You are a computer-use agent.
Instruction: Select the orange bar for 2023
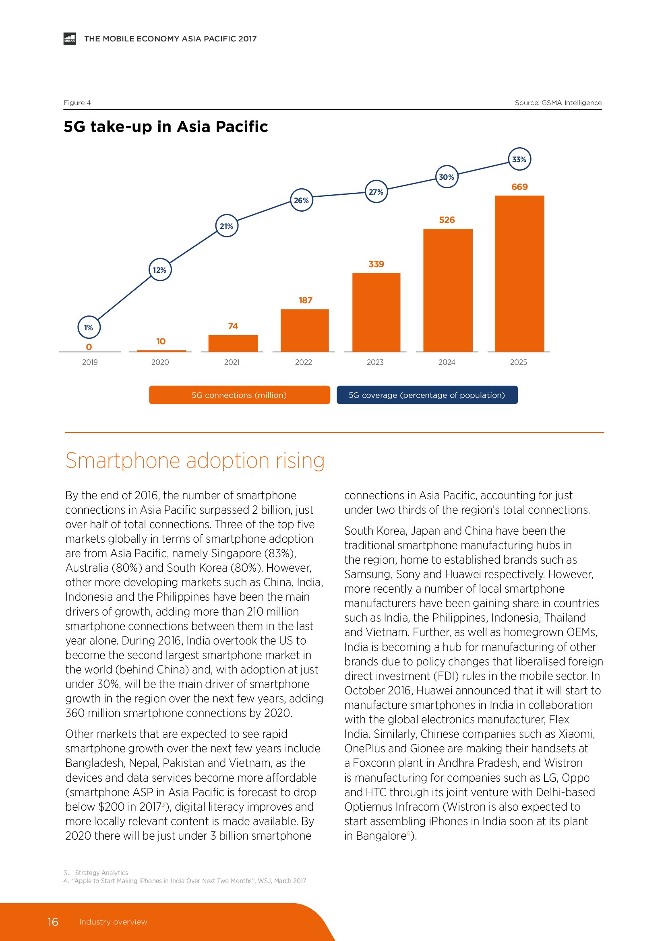(x=376, y=312)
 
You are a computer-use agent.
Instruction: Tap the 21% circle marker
(x=226, y=226)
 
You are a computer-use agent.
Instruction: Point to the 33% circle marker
(x=519, y=159)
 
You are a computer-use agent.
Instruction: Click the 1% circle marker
(x=89, y=327)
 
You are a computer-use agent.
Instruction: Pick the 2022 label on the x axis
(x=304, y=362)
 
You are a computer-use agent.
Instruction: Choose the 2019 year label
(x=90, y=362)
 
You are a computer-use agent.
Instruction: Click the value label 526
(x=447, y=220)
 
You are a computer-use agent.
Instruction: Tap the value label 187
(x=305, y=301)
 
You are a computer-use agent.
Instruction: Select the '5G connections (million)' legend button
(x=239, y=395)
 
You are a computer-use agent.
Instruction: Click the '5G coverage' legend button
(x=427, y=395)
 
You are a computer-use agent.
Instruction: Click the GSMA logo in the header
(x=70, y=39)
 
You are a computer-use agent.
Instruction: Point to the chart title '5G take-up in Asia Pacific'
(x=165, y=127)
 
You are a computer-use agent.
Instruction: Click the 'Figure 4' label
(x=77, y=103)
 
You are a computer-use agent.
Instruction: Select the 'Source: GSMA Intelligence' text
(x=558, y=103)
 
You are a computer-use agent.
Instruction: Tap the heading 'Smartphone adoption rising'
(x=195, y=461)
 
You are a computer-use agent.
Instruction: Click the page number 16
(x=53, y=922)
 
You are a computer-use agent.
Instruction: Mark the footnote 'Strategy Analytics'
(x=101, y=873)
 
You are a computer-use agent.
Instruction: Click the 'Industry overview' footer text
(x=113, y=922)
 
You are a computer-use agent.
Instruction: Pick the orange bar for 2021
(x=233, y=343)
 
